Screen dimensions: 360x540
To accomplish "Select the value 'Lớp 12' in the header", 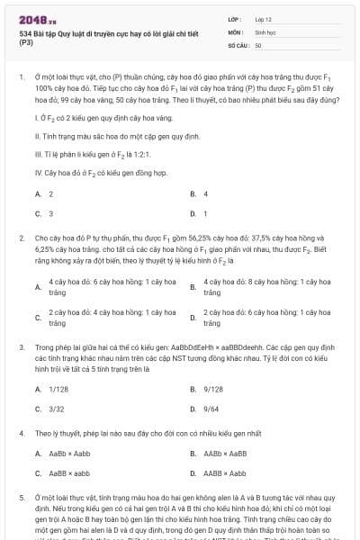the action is [264, 19].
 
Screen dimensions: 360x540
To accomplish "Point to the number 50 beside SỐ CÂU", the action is [258, 44].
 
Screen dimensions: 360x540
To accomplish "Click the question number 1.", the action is [20, 78].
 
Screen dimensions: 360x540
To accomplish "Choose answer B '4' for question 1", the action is [205, 193].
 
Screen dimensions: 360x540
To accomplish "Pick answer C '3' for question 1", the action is [50, 213].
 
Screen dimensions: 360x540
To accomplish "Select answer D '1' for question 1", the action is [205, 213].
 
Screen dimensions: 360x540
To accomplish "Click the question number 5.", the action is [20, 496].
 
